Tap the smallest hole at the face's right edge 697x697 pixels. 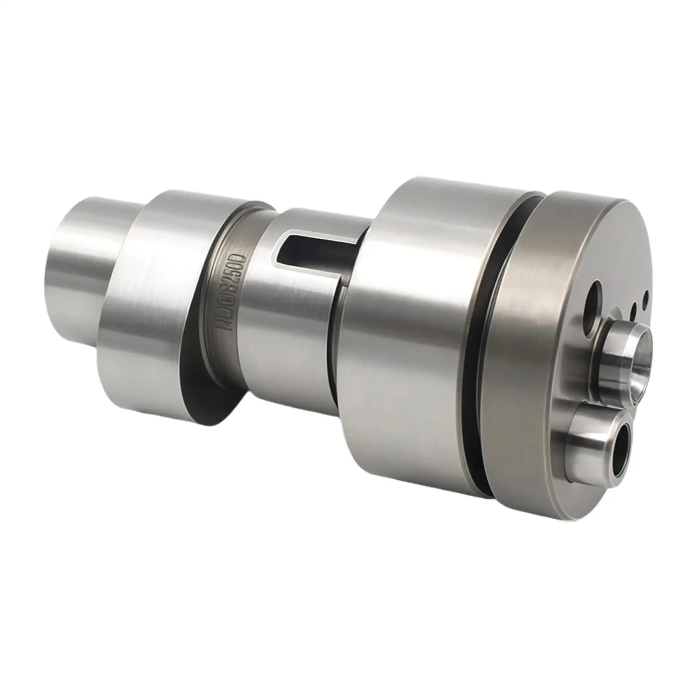click(x=646, y=297)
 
